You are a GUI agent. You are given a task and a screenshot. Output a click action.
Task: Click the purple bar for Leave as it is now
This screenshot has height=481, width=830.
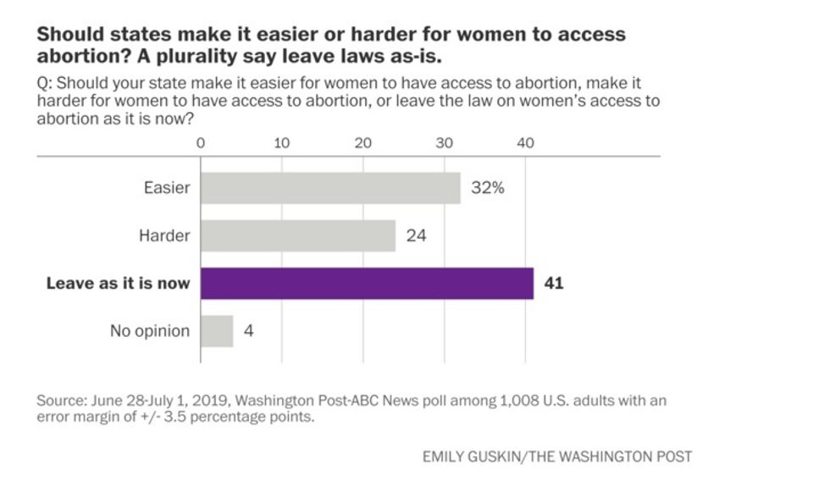pyautogui.click(x=367, y=283)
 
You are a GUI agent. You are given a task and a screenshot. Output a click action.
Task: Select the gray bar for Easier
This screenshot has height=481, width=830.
pyautogui.click(x=330, y=188)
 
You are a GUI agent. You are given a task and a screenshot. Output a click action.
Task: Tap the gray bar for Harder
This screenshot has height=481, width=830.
pyautogui.click(x=298, y=235)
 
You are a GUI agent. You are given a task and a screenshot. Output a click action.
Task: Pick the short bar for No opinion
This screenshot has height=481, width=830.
pyautogui.click(x=217, y=331)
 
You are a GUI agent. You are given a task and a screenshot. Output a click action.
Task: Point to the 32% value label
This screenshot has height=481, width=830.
pyautogui.click(x=488, y=188)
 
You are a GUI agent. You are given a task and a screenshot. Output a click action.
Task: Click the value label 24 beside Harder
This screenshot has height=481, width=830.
pyautogui.click(x=416, y=235)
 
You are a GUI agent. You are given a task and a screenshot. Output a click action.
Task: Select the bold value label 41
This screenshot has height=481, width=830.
pyautogui.click(x=554, y=283)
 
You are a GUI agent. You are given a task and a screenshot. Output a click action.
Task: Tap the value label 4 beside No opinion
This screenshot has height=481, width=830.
pyautogui.click(x=248, y=331)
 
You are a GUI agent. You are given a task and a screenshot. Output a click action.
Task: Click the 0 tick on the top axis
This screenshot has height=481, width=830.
pyautogui.click(x=201, y=143)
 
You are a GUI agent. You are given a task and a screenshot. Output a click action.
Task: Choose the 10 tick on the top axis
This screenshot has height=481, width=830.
pyautogui.click(x=282, y=143)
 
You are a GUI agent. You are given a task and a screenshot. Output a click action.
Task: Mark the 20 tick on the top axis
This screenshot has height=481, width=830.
pyautogui.click(x=363, y=143)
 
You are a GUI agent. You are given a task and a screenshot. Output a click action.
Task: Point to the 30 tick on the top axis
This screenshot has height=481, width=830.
pyautogui.click(x=445, y=143)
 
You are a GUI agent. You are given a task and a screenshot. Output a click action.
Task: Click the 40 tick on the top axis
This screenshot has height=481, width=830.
pyautogui.click(x=525, y=143)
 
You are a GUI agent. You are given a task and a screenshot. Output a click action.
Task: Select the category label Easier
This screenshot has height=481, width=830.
pyautogui.click(x=167, y=188)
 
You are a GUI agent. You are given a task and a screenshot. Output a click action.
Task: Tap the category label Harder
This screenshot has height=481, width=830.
pyautogui.click(x=164, y=235)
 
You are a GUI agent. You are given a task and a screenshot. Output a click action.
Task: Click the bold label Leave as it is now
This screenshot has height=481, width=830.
pyautogui.click(x=118, y=284)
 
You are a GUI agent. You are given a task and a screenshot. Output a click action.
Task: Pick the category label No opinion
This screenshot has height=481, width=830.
pyautogui.click(x=150, y=331)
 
